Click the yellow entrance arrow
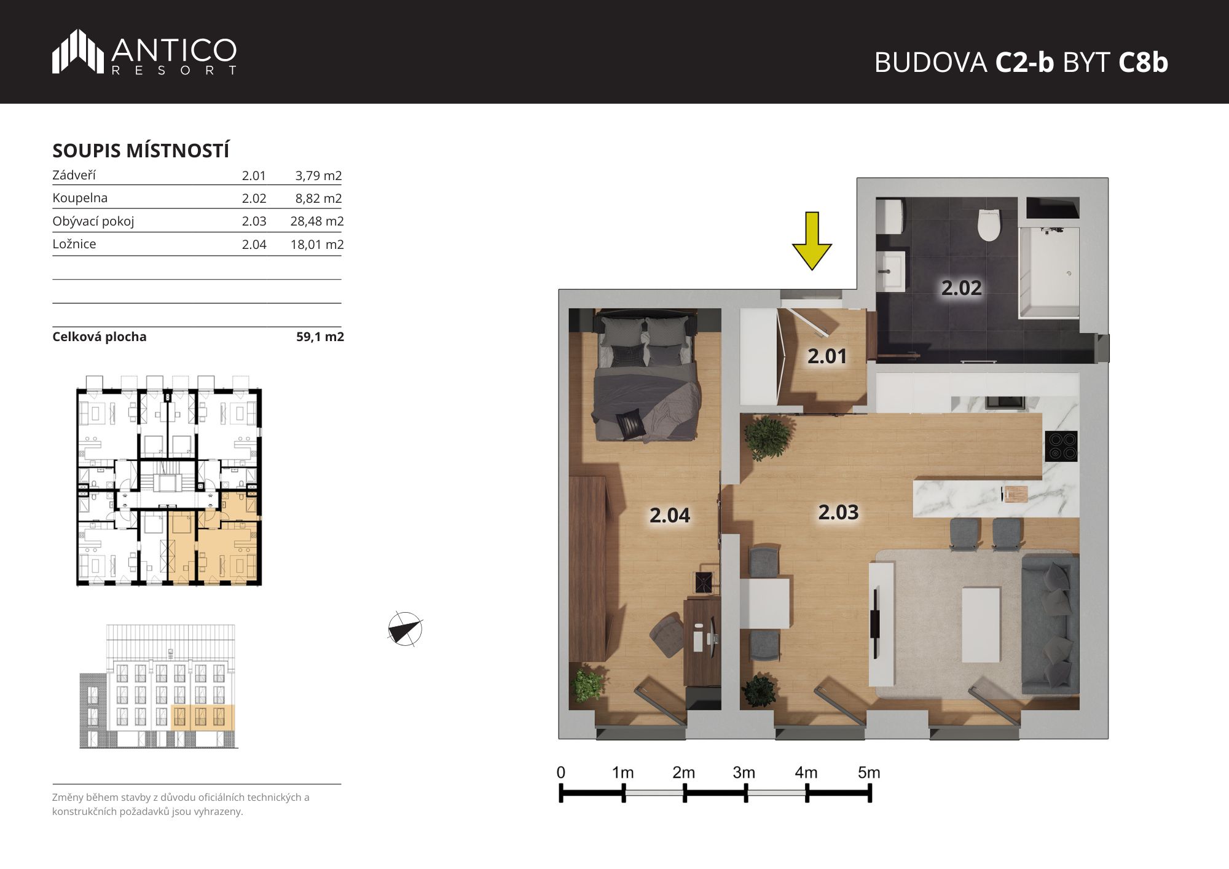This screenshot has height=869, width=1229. pyautogui.click(x=812, y=241)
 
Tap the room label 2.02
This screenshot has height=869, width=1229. pyautogui.click(x=962, y=288)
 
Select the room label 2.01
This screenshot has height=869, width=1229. pyautogui.click(x=827, y=356)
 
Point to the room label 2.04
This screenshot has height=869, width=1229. pyautogui.click(x=670, y=515)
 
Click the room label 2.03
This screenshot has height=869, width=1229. pyautogui.click(x=838, y=512)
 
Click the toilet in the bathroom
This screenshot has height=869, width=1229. pyautogui.click(x=989, y=225)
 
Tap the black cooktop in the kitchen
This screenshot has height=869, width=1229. pyautogui.click(x=1061, y=446)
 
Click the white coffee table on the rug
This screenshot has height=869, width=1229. pyautogui.click(x=981, y=624)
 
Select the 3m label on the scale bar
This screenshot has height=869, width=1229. pyautogui.click(x=744, y=773)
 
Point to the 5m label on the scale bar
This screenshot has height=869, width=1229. pyautogui.click(x=869, y=773)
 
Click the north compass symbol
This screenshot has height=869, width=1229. pyautogui.click(x=405, y=629)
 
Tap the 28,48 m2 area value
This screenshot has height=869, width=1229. pyautogui.click(x=316, y=221)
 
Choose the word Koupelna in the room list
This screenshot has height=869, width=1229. pyautogui.click(x=80, y=198)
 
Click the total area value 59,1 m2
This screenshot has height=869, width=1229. pyautogui.click(x=320, y=337)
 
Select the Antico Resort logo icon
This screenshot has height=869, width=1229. pyautogui.click(x=78, y=52)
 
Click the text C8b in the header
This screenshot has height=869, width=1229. pyautogui.click(x=1143, y=62)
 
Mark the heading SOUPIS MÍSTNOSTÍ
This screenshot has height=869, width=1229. pyautogui.click(x=141, y=151)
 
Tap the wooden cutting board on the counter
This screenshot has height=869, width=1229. pyautogui.click(x=1015, y=494)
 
